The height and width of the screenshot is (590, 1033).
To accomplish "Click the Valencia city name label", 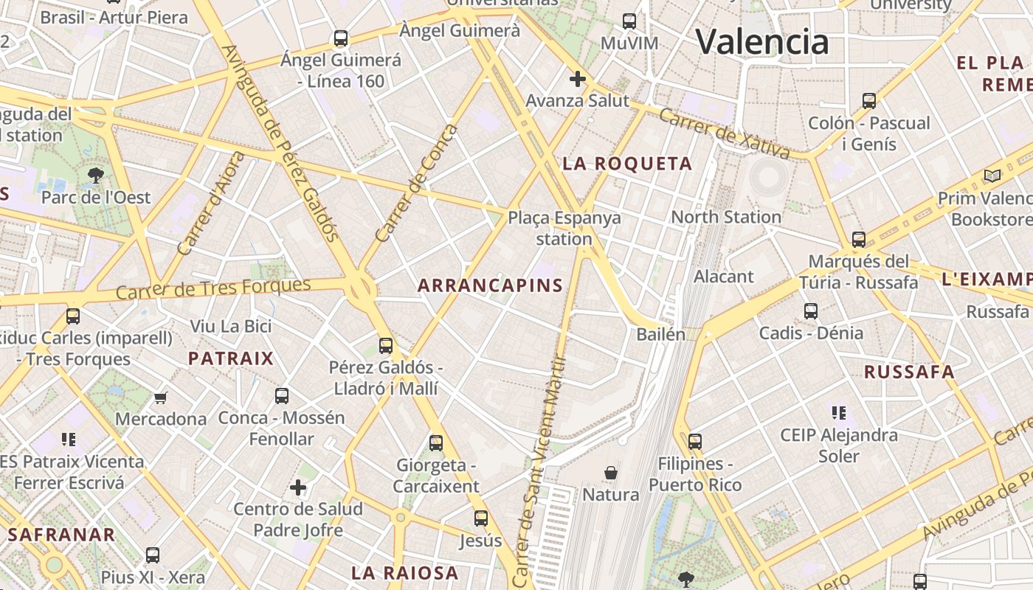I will click(x=762, y=41).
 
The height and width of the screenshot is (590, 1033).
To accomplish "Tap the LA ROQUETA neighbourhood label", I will click(x=627, y=164).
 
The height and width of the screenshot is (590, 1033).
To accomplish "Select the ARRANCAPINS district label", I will click(x=490, y=285).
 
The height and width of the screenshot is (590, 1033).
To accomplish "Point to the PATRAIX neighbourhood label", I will click(x=231, y=359).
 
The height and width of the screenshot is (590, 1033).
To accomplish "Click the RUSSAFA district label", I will click(x=909, y=372).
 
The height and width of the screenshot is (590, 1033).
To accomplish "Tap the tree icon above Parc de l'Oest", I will click(x=95, y=176).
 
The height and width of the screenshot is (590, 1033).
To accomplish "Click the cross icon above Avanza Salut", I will click(x=578, y=78).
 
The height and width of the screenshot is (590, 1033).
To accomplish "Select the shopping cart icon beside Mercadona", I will click(x=161, y=398).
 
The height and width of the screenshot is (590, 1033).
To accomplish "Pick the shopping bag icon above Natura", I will click(x=611, y=472).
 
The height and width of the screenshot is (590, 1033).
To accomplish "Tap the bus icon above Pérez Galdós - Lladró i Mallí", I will click(x=386, y=345).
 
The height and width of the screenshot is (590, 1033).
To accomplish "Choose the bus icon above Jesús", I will click(x=481, y=518).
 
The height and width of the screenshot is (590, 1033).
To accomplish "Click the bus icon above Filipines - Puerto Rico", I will click(x=694, y=442).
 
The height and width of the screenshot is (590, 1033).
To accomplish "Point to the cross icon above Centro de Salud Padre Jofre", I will click(x=298, y=487).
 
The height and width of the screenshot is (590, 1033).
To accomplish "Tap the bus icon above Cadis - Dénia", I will click(x=811, y=311).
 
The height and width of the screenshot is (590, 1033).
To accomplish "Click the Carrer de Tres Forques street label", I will click(x=213, y=289).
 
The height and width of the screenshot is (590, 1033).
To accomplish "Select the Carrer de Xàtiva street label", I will click(x=724, y=133).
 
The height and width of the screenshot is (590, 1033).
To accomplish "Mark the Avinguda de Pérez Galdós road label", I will click(x=280, y=144).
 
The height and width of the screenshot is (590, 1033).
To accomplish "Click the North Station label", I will click(x=726, y=217).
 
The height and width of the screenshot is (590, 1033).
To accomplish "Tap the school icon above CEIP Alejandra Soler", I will click(x=838, y=413).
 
